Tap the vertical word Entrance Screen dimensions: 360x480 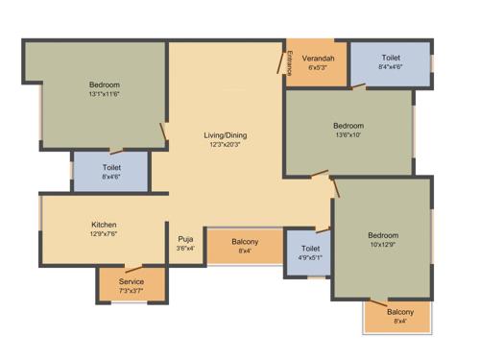click(289, 64)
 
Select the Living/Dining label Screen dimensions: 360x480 click(227, 135)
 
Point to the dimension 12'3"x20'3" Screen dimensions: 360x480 click(227, 145)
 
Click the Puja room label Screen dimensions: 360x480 click(185, 239)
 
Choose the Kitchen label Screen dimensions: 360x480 click(105, 224)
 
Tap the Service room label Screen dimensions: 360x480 click(131, 281)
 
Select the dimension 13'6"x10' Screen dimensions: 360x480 click(348, 135)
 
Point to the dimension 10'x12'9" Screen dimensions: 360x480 click(382, 245)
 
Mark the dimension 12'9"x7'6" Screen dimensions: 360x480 click(105, 233)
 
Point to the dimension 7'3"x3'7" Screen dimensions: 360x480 click(131, 291)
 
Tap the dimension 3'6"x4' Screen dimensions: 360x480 click(185, 249)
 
